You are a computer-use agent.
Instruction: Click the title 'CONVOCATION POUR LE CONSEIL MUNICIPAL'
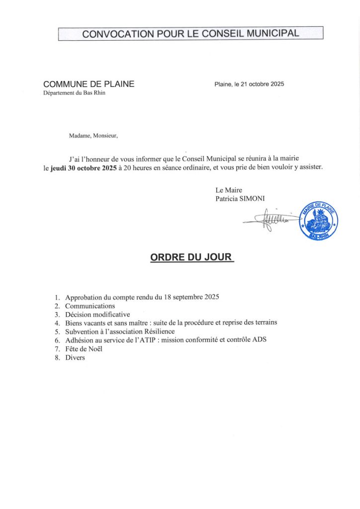point(190,34)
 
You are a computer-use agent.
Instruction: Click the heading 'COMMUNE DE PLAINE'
point(89,84)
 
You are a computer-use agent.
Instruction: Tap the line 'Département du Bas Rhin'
point(74,93)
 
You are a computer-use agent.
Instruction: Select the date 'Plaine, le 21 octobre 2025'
point(249,84)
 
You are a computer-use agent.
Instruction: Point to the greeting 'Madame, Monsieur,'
point(93,135)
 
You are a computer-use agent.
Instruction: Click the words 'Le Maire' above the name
point(229,190)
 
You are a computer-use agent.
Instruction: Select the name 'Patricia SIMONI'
point(240,198)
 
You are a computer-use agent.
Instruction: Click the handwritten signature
point(271,220)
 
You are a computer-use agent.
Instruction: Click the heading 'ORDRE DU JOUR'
point(191,257)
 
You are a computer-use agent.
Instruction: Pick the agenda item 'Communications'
point(90,306)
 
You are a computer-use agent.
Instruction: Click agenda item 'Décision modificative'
point(97,314)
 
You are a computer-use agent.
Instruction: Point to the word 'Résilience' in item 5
point(159,331)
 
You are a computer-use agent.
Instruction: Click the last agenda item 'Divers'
point(75,357)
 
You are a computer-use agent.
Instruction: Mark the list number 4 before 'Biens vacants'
point(58,323)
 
